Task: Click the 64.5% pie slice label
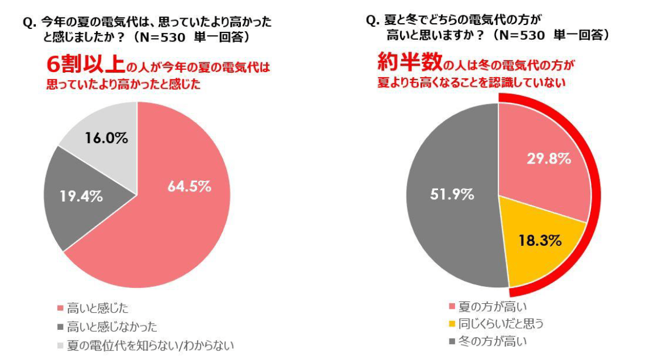(x=190, y=186)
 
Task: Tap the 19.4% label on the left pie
(x=81, y=196)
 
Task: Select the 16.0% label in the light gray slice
(x=106, y=138)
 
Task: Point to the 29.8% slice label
(x=548, y=159)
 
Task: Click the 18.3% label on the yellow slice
(x=540, y=240)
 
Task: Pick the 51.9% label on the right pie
(x=451, y=194)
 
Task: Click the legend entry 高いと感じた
(x=97, y=308)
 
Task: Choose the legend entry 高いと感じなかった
(x=111, y=326)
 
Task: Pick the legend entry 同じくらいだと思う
(x=501, y=324)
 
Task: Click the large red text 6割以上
(x=85, y=65)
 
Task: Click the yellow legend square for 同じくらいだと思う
(x=452, y=324)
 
